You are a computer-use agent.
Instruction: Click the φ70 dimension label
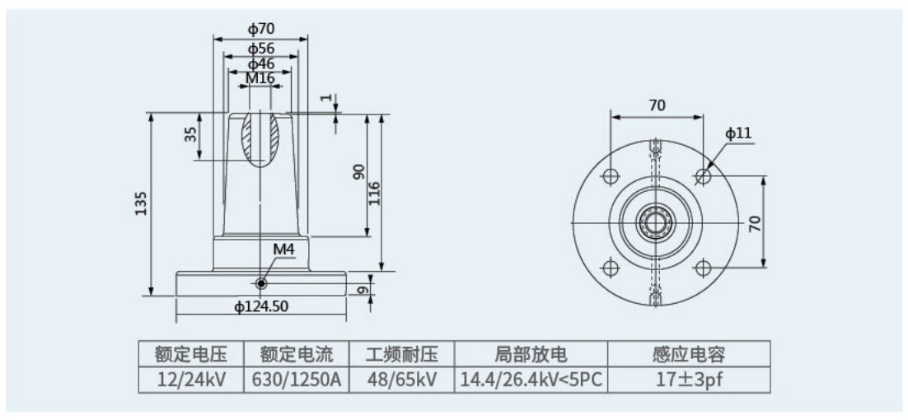click(261, 29)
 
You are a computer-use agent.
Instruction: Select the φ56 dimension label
click(261, 48)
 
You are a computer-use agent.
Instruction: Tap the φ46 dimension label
click(261, 63)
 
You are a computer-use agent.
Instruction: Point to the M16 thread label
click(260, 77)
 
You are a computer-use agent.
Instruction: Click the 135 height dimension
click(141, 203)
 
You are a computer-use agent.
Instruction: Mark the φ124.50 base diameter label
click(261, 307)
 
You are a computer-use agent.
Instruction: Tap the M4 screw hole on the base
click(261, 283)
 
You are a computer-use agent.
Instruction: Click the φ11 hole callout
click(738, 133)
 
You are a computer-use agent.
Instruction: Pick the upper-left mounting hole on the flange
click(611, 176)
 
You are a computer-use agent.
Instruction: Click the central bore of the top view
click(657, 222)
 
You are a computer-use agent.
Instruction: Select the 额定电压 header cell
click(191, 355)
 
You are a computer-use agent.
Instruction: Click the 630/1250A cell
click(297, 380)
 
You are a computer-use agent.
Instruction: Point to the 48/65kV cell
click(401, 380)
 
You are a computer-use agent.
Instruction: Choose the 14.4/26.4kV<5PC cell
click(531, 380)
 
